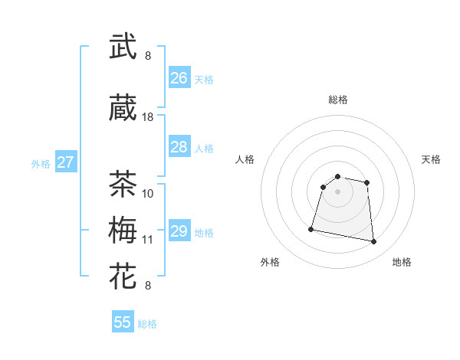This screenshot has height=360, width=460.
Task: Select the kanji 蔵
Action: click(x=123, y=109)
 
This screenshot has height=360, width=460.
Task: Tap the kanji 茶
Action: click(x=123, y=184)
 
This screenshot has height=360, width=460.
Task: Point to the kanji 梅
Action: click(x=123, y=231)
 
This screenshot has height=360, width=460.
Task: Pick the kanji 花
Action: click(x=123, y=277)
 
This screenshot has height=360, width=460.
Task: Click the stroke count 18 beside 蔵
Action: click(x=148, y=117)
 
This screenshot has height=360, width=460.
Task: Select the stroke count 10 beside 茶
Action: click(x=148, y=193)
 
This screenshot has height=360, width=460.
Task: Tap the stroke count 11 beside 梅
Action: click(x=148, y=240)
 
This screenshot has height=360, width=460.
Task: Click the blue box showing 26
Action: click(x=179, y=78)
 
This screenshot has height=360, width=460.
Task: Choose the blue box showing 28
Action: click(x=179, y=147)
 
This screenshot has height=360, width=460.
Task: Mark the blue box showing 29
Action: click(x=179, y=231)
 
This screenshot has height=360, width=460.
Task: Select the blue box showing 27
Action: click(x=66, y=162)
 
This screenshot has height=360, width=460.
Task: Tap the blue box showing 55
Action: click(x=123, y=322)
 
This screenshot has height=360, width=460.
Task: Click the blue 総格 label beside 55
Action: click(x=147, y=324)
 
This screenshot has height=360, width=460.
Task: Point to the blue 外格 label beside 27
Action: click(x=41, y=163)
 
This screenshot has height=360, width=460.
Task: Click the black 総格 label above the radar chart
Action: click(x=337, y=100)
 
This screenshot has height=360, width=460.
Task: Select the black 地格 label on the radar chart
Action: click(x=402, y=262)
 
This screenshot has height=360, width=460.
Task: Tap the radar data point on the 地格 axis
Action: click(x=374, y=242)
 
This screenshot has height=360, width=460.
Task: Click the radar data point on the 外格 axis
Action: click(x=311, y=228)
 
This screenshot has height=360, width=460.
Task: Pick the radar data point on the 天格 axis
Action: click(x=367, y=182)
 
